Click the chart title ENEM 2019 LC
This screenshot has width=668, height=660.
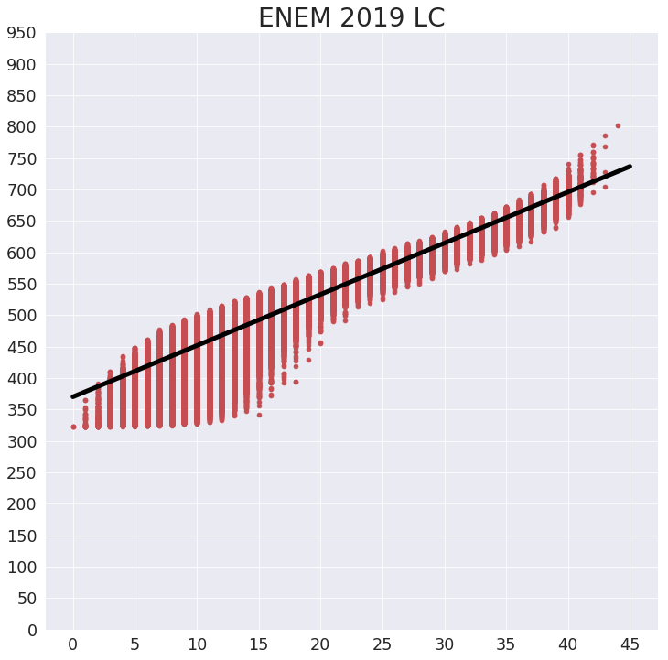(x=351, y=18)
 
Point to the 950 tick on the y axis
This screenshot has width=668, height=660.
(x=21, y=34)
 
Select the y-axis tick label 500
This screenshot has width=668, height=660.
(x=21, y=316)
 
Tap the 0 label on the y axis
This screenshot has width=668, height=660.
(x=31, y=630)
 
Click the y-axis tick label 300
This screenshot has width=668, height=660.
(x=21, y=441)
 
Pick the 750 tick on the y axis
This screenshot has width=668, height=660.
(x=21, y=159)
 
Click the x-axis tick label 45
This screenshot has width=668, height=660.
(x=630, y=644)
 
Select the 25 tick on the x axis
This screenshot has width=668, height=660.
(x=382, y=644)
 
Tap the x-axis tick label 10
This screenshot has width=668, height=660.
(x=197, y=644)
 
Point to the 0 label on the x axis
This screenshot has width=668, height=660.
(x=73, y=644)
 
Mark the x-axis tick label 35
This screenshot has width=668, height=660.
(x=506, y=644)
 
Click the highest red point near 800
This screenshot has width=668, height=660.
(x=618, y=125)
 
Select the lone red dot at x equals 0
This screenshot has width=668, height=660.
(x=73, y=427)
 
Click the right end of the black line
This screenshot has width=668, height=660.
(x=630, y=167)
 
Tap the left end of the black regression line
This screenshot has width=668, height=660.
(x=73, y=396)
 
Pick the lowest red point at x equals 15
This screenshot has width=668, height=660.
(x=259, y=415)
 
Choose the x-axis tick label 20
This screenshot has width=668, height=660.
(x=320, y=644)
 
